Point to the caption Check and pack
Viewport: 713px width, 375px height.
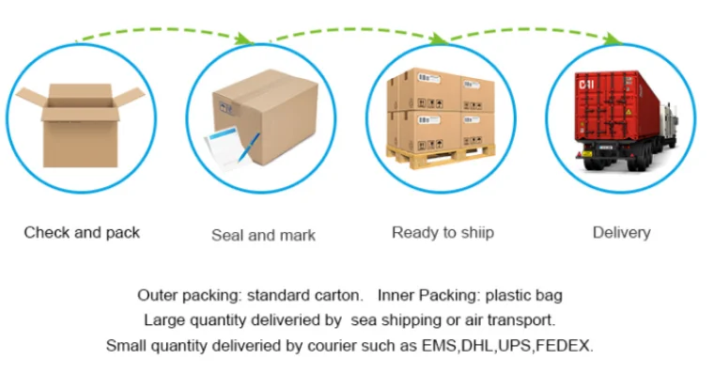tap(82, 232)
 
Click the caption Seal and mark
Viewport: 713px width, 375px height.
tap(263, 235)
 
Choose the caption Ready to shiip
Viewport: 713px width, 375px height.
tap(442, 232)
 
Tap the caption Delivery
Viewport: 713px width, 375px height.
tap(621, 232)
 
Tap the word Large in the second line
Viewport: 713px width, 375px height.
tap(163, 320)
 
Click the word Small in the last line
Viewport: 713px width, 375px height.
tap(126, 345)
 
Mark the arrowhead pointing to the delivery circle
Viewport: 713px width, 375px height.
tap(612, 39)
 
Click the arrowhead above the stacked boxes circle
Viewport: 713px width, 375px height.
tap(438, 39)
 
